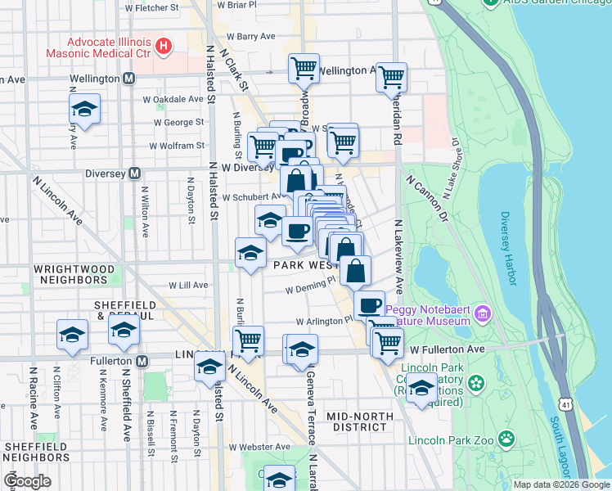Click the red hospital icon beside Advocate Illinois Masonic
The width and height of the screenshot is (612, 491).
coord(164,45)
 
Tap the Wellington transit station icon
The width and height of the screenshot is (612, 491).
coord(128,79)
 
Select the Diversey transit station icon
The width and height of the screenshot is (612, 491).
coord(135,173)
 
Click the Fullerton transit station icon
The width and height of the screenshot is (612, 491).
coord(142,361)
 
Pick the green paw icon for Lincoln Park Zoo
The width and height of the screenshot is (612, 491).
coord(507,439)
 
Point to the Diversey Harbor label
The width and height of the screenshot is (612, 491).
coord(510,249)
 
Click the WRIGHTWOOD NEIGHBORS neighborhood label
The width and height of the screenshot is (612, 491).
coord(70,273)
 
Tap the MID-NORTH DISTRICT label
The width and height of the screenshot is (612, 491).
coord(356,421)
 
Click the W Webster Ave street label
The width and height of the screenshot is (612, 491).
coord(259,447)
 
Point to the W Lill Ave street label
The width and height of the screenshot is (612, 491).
coord(188,286)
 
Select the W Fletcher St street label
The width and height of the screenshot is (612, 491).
coord(152,7)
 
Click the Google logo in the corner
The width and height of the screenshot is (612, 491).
coord(27,481)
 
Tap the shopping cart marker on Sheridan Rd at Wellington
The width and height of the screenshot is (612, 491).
coord(391,78)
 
